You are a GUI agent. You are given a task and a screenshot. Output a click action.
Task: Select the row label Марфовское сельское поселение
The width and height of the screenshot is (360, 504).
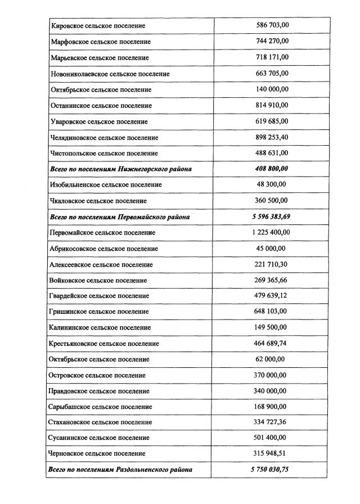[101, 42]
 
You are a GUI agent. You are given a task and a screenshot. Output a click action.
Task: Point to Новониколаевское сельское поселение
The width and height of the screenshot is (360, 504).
[110, 74]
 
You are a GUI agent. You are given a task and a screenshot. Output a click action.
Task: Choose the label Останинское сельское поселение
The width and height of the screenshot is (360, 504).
[101, 106]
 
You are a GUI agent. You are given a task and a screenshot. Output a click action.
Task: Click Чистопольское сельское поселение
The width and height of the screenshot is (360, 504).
[104, 153]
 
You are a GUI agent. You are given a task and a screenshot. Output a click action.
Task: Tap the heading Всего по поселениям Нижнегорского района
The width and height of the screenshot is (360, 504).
[120, 169]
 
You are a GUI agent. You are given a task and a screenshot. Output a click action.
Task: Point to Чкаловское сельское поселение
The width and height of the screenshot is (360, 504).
[98, 201]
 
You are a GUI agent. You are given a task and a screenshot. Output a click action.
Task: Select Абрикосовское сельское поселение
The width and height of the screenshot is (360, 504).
[104, 249]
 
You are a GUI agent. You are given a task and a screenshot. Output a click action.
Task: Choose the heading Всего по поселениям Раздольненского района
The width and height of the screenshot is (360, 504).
[121, 469]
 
